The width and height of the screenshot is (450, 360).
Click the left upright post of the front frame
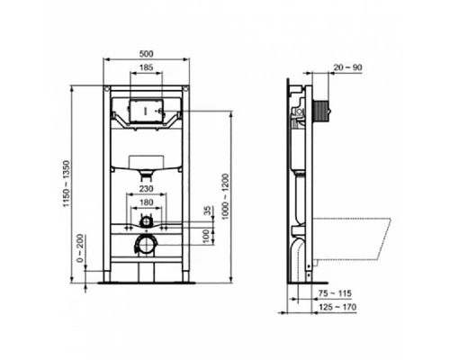click(x=107, y=180)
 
